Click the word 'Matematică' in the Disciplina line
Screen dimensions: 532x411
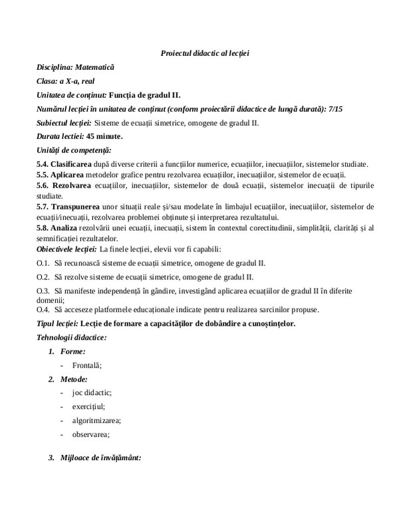[94, 67]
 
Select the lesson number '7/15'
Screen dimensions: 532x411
[333, 108]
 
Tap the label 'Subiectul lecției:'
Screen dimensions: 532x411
[64, 122]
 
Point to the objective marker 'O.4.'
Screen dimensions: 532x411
[43, 309]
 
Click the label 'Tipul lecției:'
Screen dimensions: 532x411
[57, 323]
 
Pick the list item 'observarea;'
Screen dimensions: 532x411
[92, 434]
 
